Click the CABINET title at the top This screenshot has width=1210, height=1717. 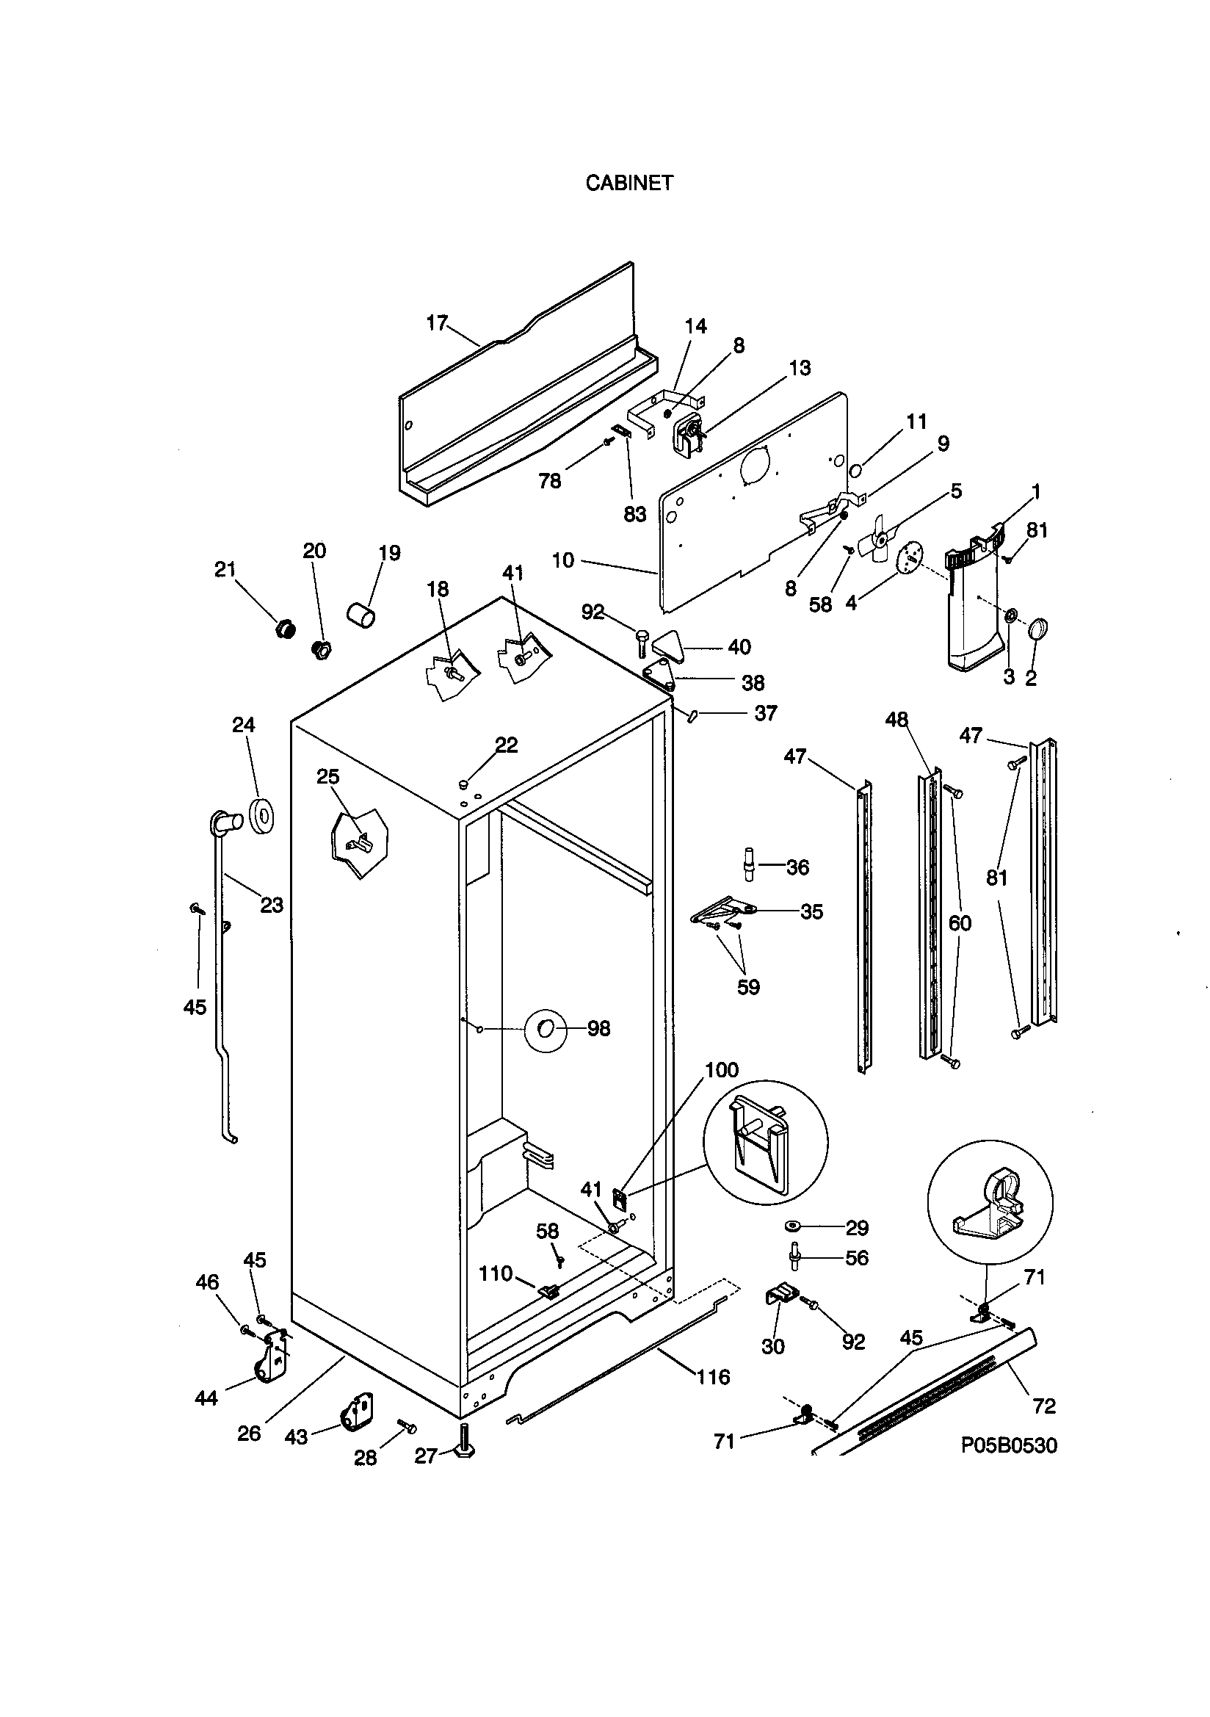click(x=629, y=183)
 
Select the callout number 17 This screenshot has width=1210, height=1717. click(x=437, y=323)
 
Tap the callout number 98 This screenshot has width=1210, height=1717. click(x=598, y=1029)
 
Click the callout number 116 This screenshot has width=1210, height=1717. click(x=713, y=1377)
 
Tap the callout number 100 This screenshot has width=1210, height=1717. click(x=722, y=1070)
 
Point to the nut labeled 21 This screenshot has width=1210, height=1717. click(x=284, y=629)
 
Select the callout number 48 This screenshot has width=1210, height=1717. click(x=896, y=720)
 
